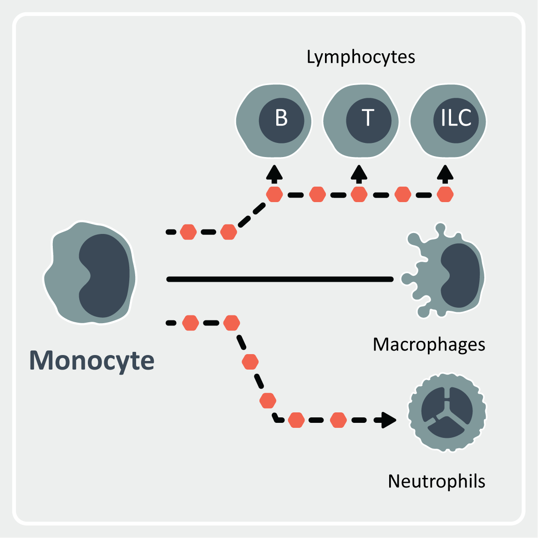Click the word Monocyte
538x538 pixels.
point(92,361)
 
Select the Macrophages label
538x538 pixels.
point(429,345)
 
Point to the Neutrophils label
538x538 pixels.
point(436,481)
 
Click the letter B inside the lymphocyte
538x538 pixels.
point(281,118)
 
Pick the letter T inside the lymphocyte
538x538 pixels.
point(368,118)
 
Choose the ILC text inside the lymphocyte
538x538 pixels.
point(456,118)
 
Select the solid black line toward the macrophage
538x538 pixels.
point(280,279)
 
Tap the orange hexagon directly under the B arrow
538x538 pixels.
point(274,195)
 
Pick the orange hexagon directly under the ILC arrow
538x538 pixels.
point(445,195)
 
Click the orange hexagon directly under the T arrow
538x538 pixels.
point(359,195)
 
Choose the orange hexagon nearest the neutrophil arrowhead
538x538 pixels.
point(338,420)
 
